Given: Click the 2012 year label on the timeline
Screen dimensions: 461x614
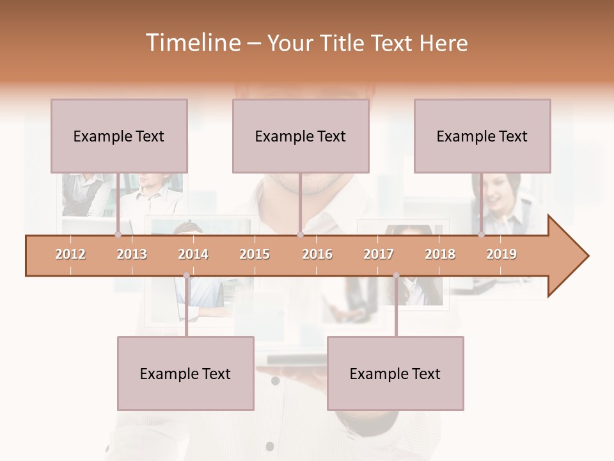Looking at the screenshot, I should click(x=70, y=254).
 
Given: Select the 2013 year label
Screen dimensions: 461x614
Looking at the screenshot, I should click(x=132, y=254).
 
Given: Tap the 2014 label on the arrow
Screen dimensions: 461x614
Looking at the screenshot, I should click(x=193, y=254).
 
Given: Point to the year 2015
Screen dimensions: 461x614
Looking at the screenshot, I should click(x=255, y=254).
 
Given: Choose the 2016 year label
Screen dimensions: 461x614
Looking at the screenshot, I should click(x=317, y=254).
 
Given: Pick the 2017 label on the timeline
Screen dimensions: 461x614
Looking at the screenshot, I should click(x=379, y=254).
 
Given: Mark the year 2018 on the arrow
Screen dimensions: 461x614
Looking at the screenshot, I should click(x=440, y=254).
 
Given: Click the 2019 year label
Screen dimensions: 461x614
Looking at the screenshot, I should click(x=501, y=254).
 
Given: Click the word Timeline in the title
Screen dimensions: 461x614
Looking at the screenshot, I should click(x=192, y=43).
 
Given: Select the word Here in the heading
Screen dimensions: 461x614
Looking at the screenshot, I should click(x=443, y=43).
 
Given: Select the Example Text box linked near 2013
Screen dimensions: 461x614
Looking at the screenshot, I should click(x=119, y=136).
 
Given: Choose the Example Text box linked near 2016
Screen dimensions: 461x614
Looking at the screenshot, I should click(x=301, y=136).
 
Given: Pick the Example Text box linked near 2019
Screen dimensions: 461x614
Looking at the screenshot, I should click(x=482, y=136).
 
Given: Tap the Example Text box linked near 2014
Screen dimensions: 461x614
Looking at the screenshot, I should click(x=185, y=373).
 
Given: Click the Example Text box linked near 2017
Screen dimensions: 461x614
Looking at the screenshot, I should click(x=395, y=373).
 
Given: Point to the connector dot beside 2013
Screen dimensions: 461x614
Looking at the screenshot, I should click(x=118, y=235).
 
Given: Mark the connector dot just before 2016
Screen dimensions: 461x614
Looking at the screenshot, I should click(x=300, y=235).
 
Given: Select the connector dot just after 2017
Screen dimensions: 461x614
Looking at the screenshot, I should click(x=396, y=276).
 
